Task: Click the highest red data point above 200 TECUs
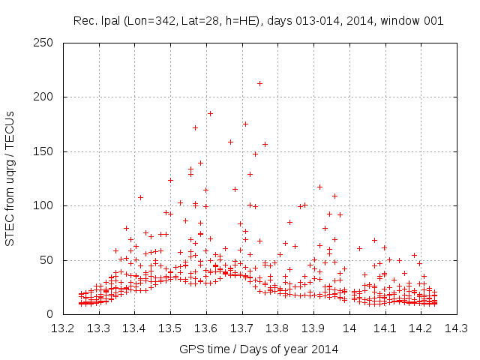259,83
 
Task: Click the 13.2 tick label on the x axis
63,328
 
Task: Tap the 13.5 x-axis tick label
170,328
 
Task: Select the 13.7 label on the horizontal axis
241,328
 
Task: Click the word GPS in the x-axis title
190,349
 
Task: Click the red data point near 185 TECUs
210,113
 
